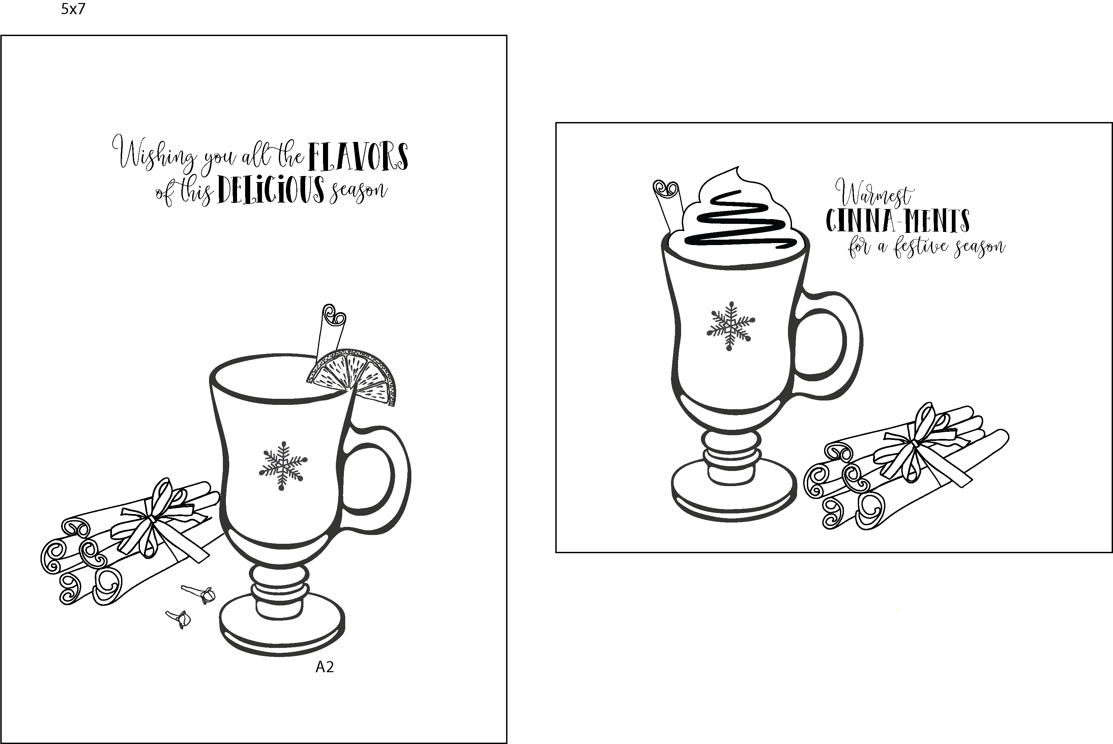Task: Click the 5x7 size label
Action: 73,9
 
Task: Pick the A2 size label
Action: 325,667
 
